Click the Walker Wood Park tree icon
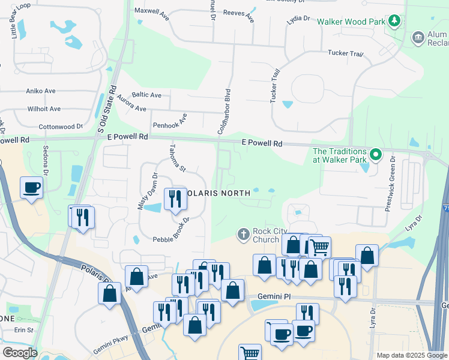pos(394,22)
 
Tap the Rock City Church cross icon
pos(244,233)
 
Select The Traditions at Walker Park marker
pos(376,155)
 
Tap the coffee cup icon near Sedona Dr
pos(32,187)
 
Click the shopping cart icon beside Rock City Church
pos(319,245)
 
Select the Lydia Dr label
pos(298,19)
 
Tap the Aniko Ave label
pos(41,91)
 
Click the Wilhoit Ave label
pos(44,109)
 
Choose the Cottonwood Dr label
pos(60,127)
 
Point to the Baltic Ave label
pos(146,95)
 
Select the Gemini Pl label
pos(274,296)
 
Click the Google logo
pos(19,353)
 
